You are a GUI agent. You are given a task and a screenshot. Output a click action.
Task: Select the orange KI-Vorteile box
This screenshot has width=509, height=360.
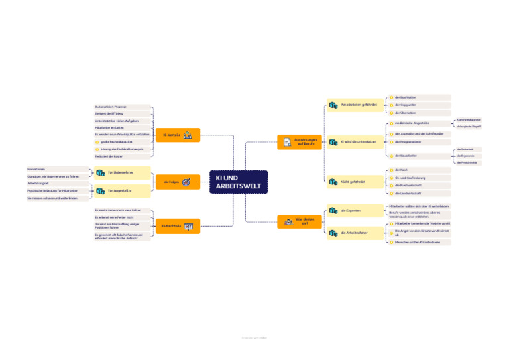click(178, 135)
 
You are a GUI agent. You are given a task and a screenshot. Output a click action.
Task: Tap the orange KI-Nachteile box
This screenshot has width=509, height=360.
click(178, 227)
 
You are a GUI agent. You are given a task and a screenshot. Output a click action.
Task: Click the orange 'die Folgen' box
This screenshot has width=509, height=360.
click(178, 182)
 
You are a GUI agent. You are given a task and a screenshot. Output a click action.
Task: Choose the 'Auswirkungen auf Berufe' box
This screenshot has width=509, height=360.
click(299, 142)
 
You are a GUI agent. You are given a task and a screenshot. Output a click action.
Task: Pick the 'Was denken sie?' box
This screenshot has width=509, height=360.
click(299, 221)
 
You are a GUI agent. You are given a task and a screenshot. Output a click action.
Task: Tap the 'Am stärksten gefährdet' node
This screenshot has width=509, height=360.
click(354, 105)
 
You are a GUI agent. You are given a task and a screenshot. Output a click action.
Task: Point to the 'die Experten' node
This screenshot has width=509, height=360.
click(354, 211)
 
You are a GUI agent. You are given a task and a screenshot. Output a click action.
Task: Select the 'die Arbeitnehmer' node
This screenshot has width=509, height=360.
click(354, 233)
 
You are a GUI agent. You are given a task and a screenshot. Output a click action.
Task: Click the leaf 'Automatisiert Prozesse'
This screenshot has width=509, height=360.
click(111, 107)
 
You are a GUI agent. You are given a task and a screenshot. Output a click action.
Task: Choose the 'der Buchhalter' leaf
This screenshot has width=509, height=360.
click(405, 97)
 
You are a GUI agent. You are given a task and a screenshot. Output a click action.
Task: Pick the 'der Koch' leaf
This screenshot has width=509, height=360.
click(401, 170)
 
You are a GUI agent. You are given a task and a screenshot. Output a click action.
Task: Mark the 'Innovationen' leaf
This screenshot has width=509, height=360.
click(37, 170)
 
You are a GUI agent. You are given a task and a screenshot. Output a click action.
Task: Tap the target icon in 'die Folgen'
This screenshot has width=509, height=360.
click(186, 182)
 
